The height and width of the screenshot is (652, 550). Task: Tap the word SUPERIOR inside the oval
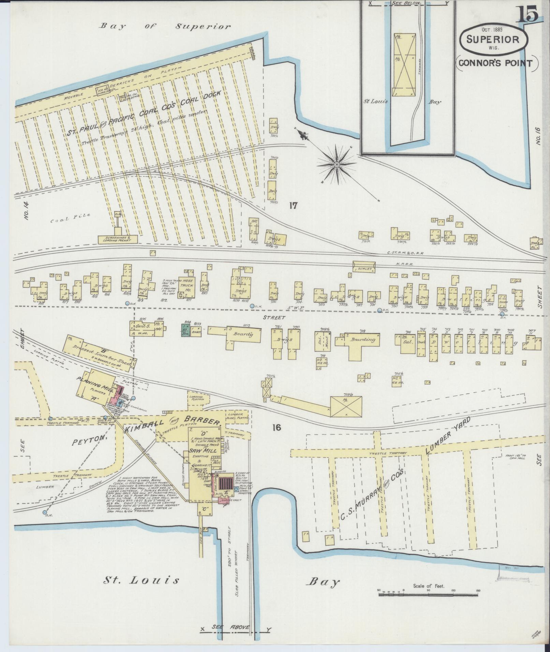click(493, 39)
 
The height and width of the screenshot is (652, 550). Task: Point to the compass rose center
click(337, 165)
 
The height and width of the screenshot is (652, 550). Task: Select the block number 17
click(293, 206)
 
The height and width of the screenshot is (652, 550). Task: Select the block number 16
click(277, 427)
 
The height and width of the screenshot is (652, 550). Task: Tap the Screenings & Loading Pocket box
click(117, 239)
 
